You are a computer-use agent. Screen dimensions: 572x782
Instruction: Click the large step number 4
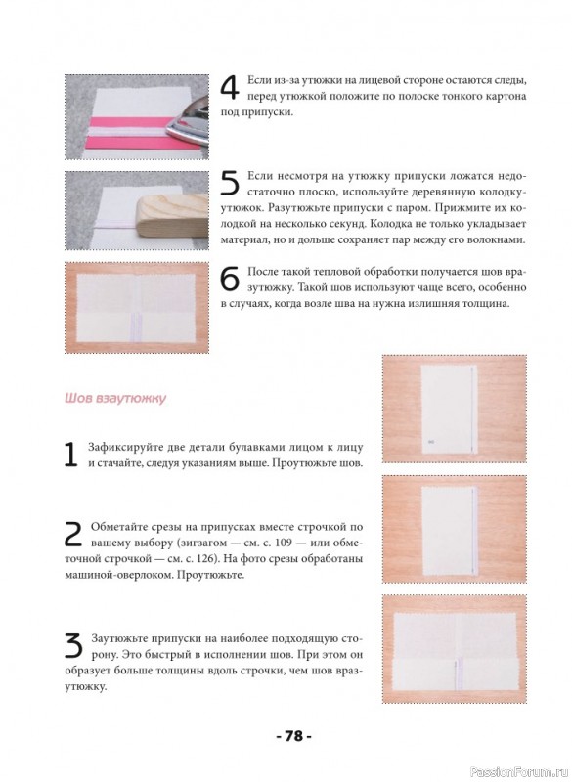click(x=231, y=89)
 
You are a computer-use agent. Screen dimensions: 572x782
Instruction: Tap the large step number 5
click(x=231, y=184)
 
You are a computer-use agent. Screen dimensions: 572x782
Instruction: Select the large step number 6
click(x=231, y=280)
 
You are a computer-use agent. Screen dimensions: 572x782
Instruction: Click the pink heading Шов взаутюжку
click(x=115, y=399)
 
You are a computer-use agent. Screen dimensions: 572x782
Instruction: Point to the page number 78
click(x=294, y=736)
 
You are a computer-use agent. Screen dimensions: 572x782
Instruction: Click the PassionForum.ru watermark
click(x=519, y=771)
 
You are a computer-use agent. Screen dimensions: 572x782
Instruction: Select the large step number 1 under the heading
click(x=71, y=455)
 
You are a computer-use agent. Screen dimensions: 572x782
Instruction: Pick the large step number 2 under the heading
click(x=74, y=534)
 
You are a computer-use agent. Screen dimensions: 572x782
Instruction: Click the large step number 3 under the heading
click(x=74, y=646)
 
